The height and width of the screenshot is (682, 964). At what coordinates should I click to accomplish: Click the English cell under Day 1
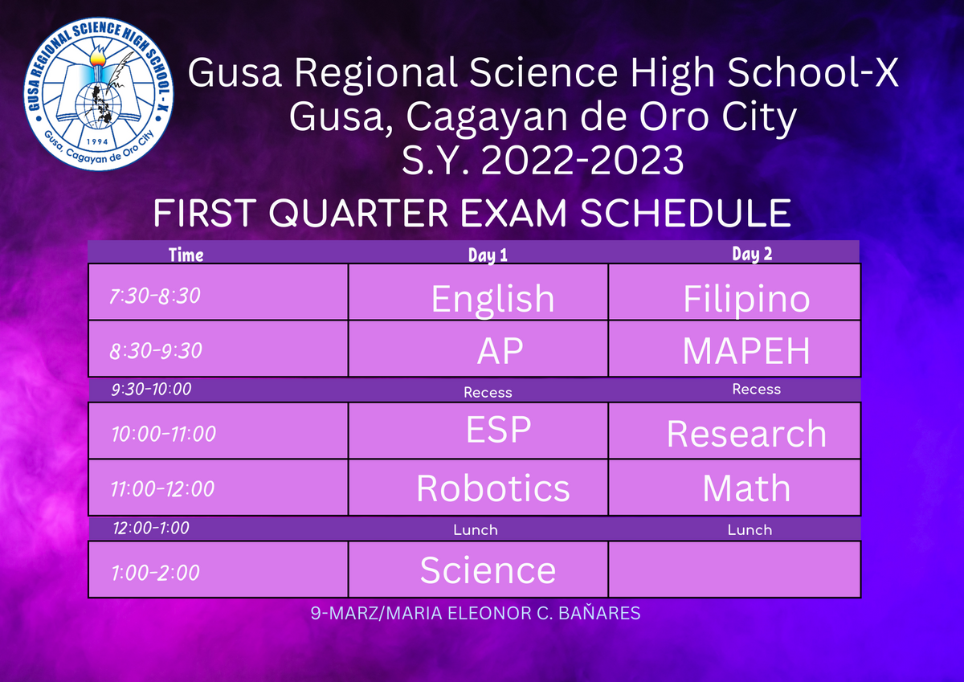(478, 292)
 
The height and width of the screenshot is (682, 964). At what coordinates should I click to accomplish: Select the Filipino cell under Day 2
(734, 292)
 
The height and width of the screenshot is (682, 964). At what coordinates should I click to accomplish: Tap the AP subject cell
(478, 349)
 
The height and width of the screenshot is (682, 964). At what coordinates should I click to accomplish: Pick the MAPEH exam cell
(734, 349)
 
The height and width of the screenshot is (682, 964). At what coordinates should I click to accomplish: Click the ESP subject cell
(478, 431)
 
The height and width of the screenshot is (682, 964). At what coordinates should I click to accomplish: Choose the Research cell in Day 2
(734, 431)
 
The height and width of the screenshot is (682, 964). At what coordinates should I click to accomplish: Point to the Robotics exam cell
(478, 488)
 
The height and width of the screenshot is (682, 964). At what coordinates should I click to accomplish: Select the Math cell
(734, 488)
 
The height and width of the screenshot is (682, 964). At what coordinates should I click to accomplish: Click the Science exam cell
(478, 570)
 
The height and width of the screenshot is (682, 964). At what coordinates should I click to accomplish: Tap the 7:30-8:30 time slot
(155, 296)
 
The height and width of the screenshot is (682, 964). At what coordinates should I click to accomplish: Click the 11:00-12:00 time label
(162, 488)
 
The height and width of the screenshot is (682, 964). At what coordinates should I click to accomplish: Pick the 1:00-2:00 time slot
(155, 573)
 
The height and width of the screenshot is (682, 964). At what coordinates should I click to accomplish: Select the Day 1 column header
(488, 255)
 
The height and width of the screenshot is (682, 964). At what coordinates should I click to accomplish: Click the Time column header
(186, 255)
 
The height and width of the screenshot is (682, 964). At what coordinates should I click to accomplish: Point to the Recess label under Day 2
(756, 389)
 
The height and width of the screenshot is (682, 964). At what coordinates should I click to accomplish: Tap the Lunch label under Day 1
(475, 529)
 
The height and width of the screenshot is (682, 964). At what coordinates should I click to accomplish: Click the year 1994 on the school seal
(98, 141)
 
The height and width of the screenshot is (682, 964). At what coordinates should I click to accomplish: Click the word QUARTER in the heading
(358, 213)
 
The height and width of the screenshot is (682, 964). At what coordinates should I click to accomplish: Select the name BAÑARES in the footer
(599, 613)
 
